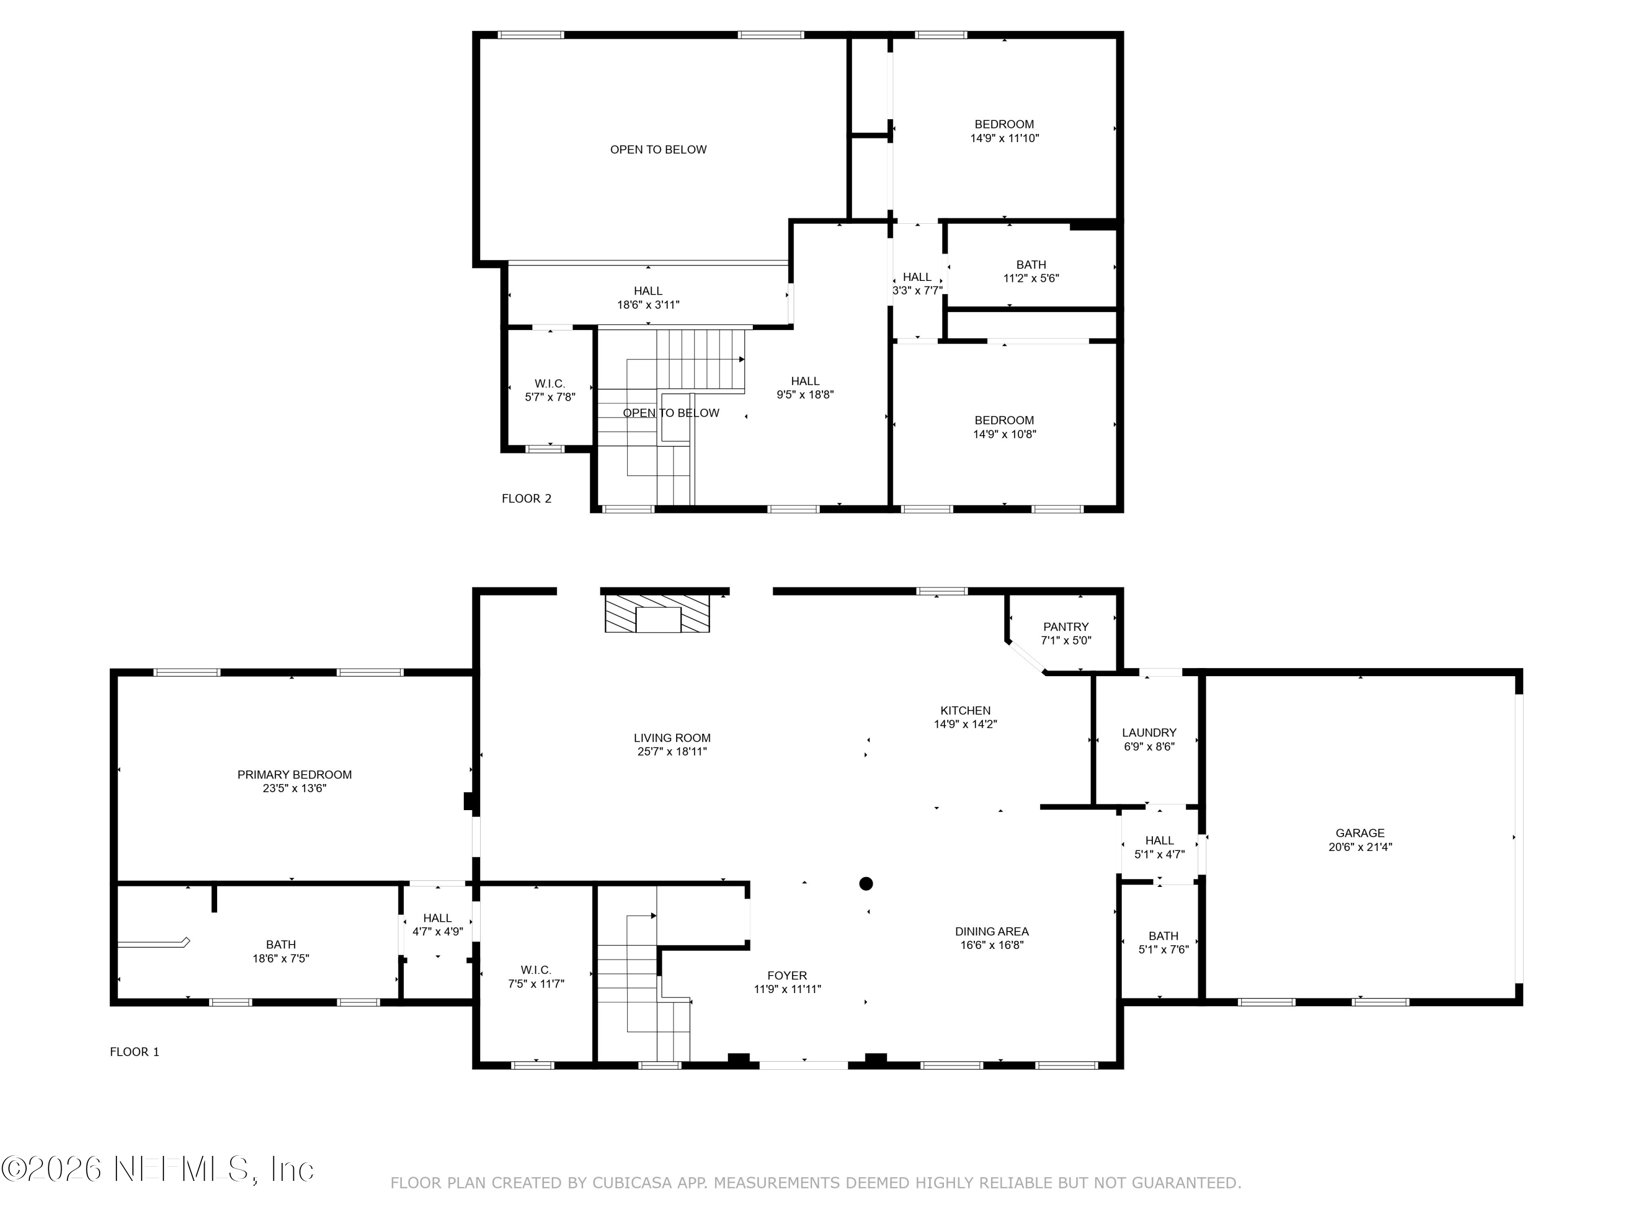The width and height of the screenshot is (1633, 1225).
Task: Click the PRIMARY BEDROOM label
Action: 294,775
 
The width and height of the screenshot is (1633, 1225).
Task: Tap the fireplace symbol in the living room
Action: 657,614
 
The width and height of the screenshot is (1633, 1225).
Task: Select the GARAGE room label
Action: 1360,833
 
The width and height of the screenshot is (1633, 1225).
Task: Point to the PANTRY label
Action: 1066,627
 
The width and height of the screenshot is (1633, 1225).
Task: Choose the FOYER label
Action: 787,976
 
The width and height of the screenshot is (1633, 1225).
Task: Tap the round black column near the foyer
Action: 866,883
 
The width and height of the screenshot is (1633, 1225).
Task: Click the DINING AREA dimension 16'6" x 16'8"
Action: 991,945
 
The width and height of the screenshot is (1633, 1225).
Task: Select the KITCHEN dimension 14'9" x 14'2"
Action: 966,724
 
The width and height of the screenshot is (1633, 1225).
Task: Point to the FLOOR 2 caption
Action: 526,498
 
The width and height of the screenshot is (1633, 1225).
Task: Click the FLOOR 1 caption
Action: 134,1051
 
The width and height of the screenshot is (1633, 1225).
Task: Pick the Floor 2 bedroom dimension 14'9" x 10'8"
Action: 1004,434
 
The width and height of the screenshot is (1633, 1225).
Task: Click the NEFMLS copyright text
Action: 157,1169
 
